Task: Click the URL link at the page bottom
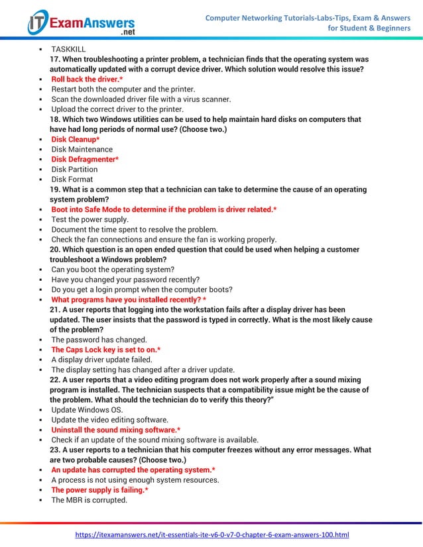point(211,534)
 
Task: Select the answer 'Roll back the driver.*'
point(87,79)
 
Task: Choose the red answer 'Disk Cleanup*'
point(76,139)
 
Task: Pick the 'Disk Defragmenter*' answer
point(85,159)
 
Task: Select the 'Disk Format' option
point(72,179)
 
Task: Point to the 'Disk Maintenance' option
point(82,149)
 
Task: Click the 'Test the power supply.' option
point(90,219)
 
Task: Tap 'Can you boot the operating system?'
point(113,270)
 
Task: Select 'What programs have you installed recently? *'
point(129,299)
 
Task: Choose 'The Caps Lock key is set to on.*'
point(106,349)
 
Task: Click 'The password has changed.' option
point(99,339)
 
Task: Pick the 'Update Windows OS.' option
point(87,409)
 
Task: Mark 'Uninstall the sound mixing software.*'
point(116,429)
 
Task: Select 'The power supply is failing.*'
point(99,489)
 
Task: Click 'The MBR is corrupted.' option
point(89,500)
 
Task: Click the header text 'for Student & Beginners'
point(369,28)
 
